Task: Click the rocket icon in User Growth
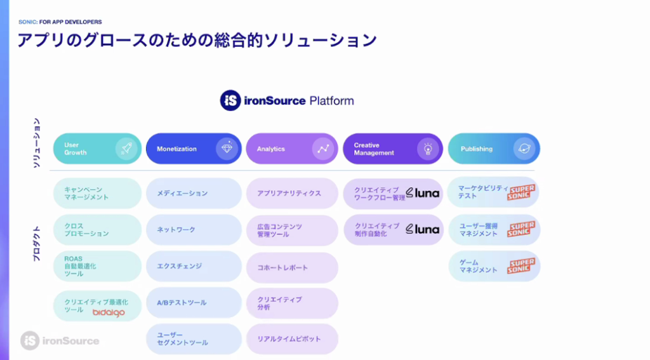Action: pyautogui.click(x=126, y=148)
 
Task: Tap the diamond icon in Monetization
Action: pyautogui.click(x=227, y=148)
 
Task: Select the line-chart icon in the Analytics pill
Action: pyautogui.click(x=323, y=149)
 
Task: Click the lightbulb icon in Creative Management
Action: pyautogui.click(x=428, y=149)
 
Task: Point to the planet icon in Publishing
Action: pyautogui.click(x=524, y=149)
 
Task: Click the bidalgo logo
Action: pyautogui.click(x=109, y=313)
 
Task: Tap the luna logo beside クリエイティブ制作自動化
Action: pyautogui.click(x=422, y=229)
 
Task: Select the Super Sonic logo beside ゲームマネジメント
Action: pyautogui.click(x=521, y=266)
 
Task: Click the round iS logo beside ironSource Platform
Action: pyautogui.click(x=230, y=100)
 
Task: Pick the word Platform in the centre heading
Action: pyautogui.click(x=331, y=101)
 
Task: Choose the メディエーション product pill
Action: pyautogui.click(x=194, y=193)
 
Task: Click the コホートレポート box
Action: pyautogui.click(x=292, y=268)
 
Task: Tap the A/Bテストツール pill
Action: pyautogui.click(x=194, y=303)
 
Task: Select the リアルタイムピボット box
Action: pyautogui.click(x=292, y=339)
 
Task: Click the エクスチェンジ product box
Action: pyautogui.click(x=194, y=266)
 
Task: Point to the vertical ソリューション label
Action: pyautogui.click(x=36, y=143)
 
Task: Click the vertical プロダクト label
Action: pyautogui.click(x=36, y=244)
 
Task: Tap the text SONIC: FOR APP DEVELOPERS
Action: pyautogui.click(x=60, y=22)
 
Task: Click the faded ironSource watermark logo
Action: pyautogui.click(x=60, y=341)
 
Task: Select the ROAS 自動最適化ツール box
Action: pyautogui.click(x=97, y=266)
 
